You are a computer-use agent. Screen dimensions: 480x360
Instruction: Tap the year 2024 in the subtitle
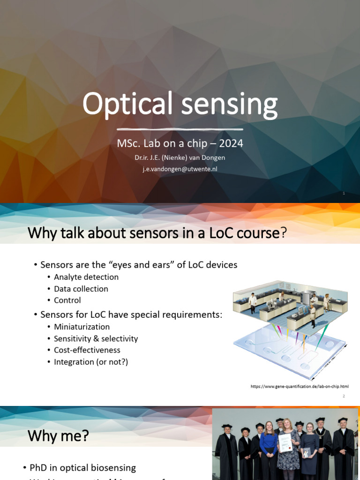point(231,143)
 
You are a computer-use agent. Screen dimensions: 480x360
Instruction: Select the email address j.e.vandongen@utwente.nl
point(180,169)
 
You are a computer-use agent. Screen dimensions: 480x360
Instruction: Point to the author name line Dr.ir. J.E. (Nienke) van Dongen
point(180,158)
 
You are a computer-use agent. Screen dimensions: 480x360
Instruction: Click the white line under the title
point(180,129)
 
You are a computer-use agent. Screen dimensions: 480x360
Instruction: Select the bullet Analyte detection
point(86,277)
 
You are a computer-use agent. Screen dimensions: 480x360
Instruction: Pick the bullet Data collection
point(81,289)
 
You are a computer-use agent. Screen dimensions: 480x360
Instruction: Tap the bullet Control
point(67,300)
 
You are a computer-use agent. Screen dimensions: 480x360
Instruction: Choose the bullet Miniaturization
point(82,327)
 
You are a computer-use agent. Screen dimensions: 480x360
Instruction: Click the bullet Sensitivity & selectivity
point(96,338)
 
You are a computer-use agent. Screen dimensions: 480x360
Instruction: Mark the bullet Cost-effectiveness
point(87,350)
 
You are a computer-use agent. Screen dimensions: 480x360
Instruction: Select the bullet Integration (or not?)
point(91,362)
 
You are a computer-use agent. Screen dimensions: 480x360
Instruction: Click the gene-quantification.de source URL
point(300,387)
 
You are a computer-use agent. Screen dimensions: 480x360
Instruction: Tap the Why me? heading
point(58,436)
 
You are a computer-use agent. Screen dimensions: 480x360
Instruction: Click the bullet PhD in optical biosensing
point(82,468)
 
